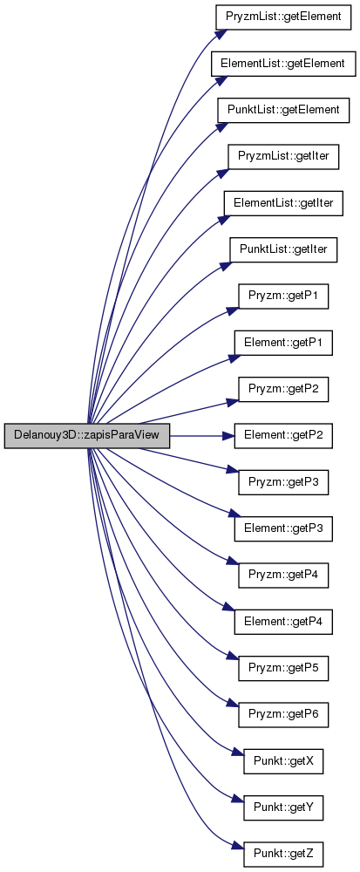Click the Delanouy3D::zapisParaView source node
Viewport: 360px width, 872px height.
[86, 436]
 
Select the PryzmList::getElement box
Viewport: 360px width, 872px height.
[283, 17]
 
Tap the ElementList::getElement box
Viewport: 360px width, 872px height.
[283, 64]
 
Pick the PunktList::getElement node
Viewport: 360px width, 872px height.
[283, 110]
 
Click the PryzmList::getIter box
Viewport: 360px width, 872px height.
[283, 157]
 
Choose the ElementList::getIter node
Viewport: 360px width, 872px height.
[283, 203]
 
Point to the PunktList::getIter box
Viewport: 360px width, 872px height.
[283, 250]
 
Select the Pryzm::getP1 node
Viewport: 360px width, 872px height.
[283, 296]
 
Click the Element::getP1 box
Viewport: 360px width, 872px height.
[283, 343]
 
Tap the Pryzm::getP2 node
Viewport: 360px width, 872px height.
[283, 390]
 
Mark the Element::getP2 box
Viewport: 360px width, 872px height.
[283, 437]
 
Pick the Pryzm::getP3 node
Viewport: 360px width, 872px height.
[283, 483]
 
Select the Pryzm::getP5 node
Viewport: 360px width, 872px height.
[283, 670]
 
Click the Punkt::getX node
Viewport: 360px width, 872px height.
[283, 763]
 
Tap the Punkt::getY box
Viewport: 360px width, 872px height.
[283, 810]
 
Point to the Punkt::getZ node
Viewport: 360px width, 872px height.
[283, 856]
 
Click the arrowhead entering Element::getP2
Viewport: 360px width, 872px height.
[228, 437]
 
